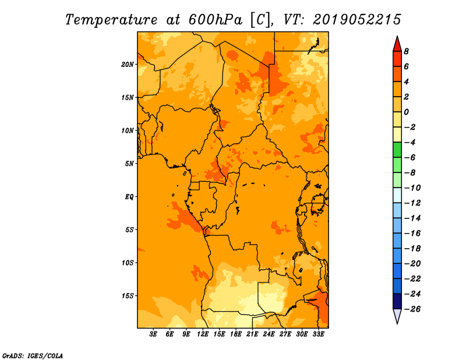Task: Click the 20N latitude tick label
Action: [127, 65]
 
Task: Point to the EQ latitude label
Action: [129, 197]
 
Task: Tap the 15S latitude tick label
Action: [127, 296]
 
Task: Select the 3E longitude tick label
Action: [153, 334]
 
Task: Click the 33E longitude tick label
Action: [318, 334]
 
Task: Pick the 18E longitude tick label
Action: [236, 334]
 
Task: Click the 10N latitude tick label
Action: [127, 130]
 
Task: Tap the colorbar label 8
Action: [406, 51]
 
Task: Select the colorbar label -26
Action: [412, 309]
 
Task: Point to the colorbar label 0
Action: [406, 112]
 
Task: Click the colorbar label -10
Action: [412, 188]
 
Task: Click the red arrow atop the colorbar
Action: [397, 44]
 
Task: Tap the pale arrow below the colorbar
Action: [397, 316]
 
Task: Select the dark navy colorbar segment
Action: [397, 301]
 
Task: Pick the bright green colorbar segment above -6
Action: [397, 150]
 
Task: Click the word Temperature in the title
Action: [111, 20]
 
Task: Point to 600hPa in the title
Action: [216, 20]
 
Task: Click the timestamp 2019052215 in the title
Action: [356, 20]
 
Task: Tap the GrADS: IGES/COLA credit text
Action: [33, 356]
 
